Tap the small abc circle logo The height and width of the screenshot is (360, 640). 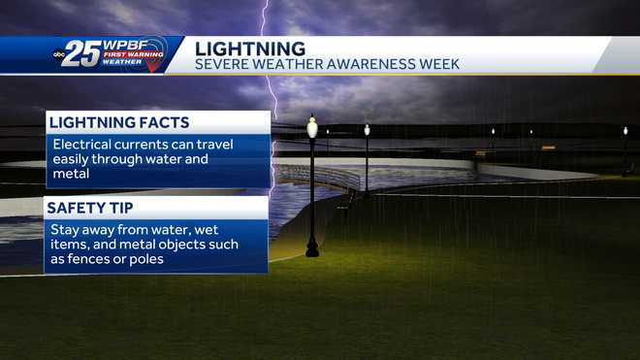click(x=61, y=55)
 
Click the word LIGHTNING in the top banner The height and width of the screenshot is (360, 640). click(x=250, y=48)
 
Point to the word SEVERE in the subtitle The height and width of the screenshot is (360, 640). click(x=222, y=65)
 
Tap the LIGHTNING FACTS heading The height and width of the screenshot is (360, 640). click(x=118, y=122)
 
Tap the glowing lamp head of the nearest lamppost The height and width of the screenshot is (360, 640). click(x=312, y=127)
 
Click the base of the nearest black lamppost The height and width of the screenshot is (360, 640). click(x=312, y=251)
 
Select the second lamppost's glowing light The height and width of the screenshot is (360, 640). click(x=367, y=129)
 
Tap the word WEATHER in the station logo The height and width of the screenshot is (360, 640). click(x=123, y=63)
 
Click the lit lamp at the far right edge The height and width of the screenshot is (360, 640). click(x=624, y=130)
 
